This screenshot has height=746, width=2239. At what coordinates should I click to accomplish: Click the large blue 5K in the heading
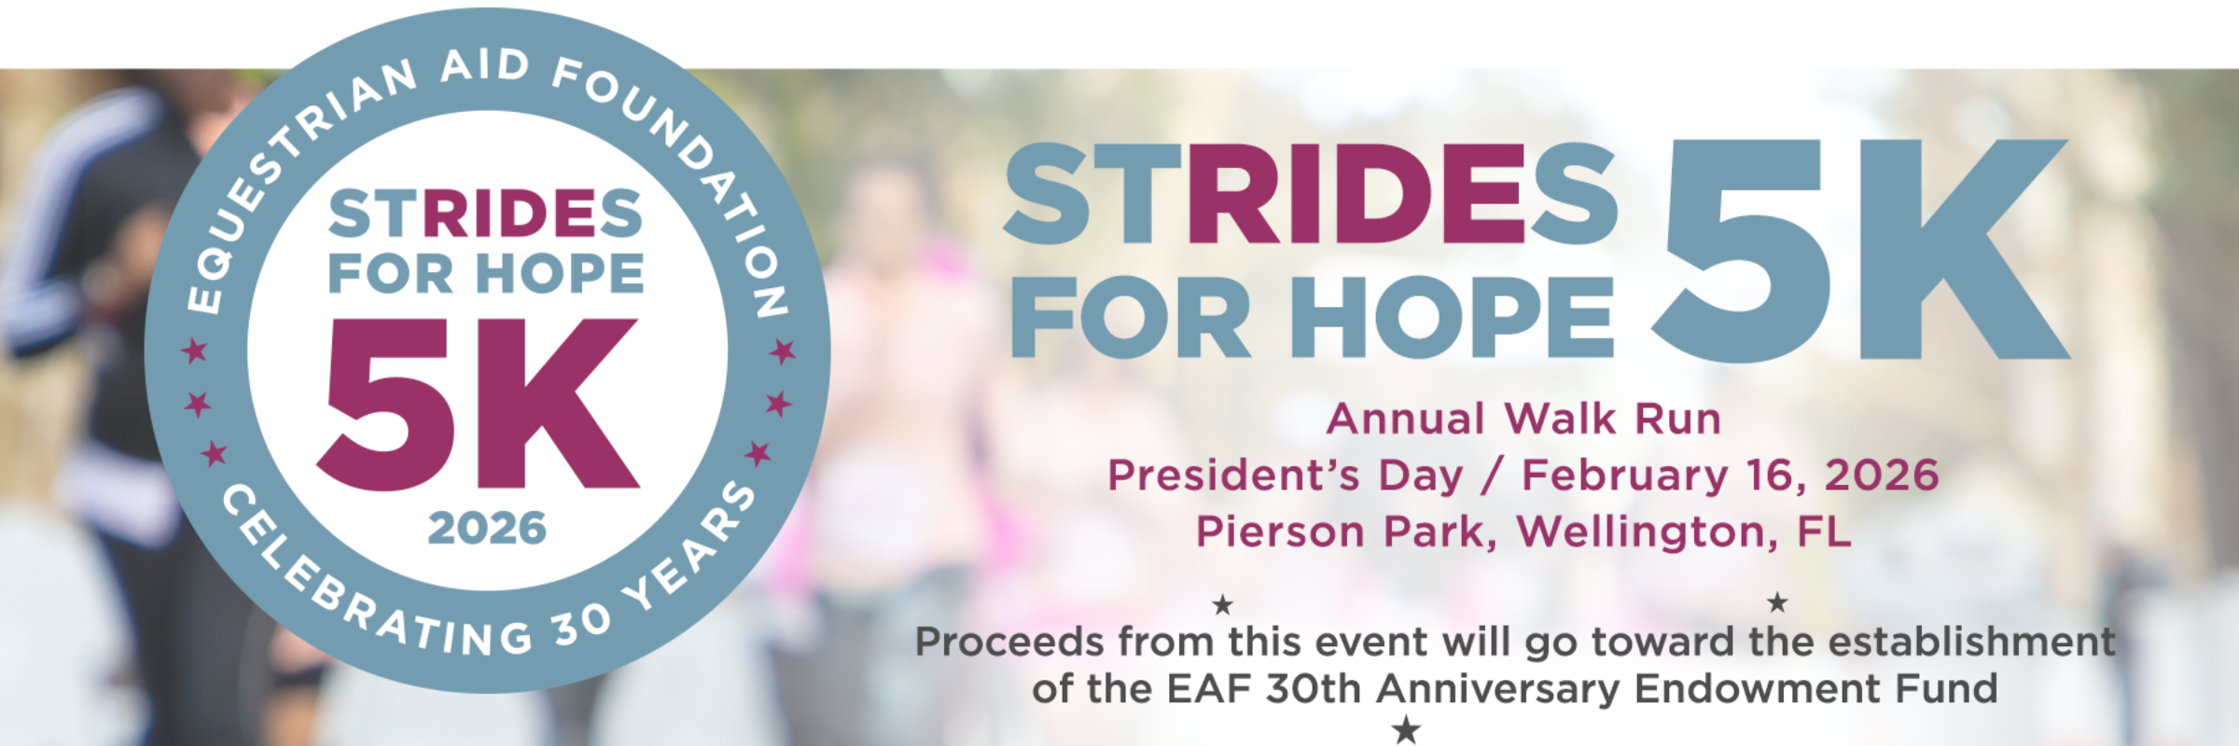pyautogui.click(x=1861, y=250)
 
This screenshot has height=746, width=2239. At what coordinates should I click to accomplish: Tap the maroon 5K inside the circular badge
pyautogui.click(x=479, y=404)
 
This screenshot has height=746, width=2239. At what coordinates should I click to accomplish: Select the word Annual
pyautogui.click(x=1406, y=419)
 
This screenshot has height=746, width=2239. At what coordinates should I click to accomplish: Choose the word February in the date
pyautogui.click(x=1625, y=476)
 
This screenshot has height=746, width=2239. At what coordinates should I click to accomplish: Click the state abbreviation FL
pyautogui.click(x=1824, y=532)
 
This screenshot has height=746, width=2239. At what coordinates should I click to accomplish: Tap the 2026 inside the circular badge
pyautogui.click(x=487, y=529)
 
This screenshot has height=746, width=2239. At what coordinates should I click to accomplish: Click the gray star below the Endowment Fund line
pyautogui.click(x=1406, y=729)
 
